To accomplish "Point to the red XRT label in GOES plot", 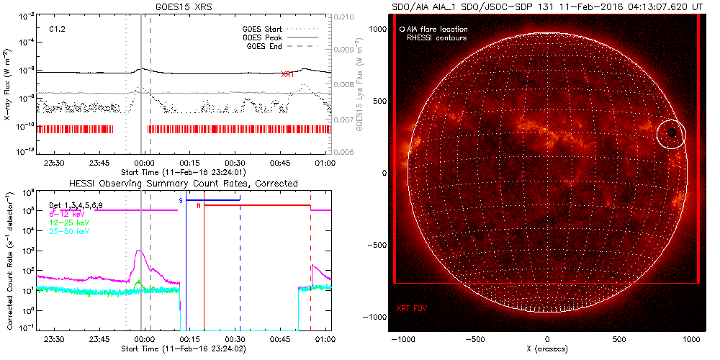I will [x=287, y=75].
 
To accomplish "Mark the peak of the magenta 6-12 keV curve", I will [x=138, y=251].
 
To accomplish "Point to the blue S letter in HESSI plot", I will [x=181, y=200].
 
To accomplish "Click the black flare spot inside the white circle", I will [x=672, y=132].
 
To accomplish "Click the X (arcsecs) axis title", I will [x=549, y=348].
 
